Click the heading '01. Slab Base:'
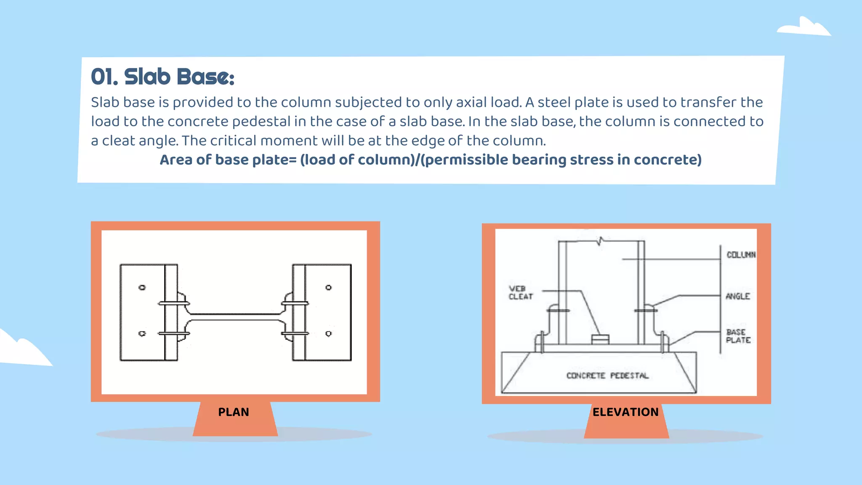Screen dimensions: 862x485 point(162,77)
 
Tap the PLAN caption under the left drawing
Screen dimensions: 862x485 point(234,412)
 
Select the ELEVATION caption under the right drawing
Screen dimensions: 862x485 point(625,412)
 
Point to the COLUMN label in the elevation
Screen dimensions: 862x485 point(741,255)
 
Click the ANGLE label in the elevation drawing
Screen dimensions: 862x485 point(738,296)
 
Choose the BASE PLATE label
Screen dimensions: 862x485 point(738,336)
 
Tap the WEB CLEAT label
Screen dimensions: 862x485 point(521,293)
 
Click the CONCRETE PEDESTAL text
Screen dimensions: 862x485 point(607,376)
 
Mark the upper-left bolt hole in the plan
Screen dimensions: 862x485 point(142,288)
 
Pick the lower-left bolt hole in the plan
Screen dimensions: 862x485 point(142,333)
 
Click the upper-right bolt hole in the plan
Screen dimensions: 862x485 point(329,288)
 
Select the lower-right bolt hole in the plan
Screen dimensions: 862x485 point(329,333)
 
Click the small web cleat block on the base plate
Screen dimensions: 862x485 point(600,339)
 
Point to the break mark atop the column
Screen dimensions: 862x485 point(601,241)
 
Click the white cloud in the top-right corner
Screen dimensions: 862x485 point(804,27)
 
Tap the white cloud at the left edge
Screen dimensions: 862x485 point(21,349)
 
